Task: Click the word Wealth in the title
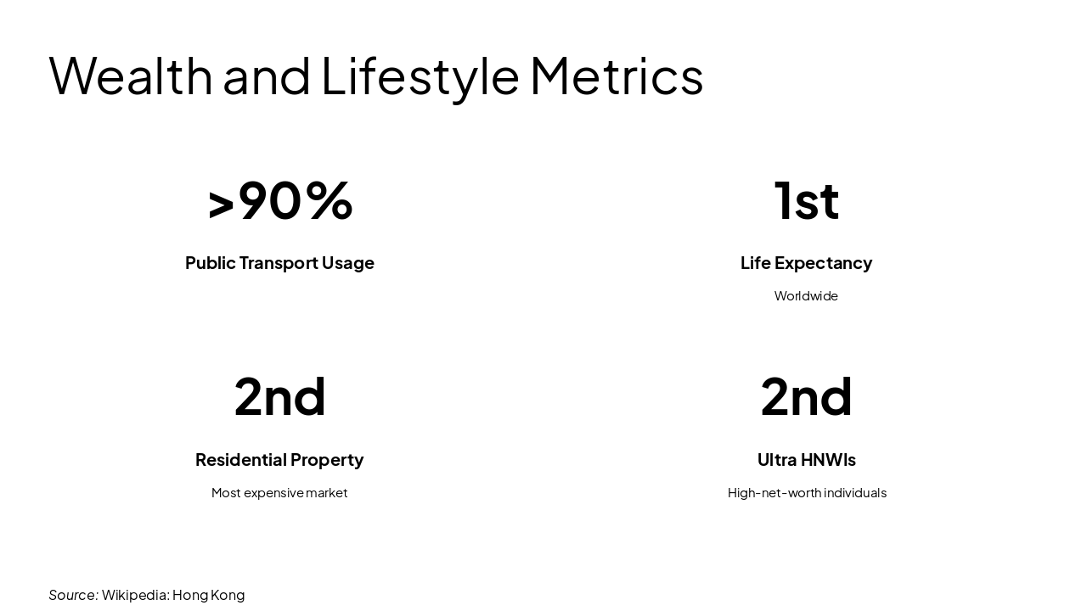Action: click(x=130, y=76)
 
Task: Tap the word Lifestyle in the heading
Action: click(x=420, y=76)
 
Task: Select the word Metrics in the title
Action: click(x=617, y=76)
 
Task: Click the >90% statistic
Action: click(x=279, y=200)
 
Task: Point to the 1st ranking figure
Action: click(x=806, y=200)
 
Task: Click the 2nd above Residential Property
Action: click(x=279, y=396)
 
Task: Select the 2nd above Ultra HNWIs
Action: click(x=806, y=396)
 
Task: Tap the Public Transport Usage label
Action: click(x=279, y=263)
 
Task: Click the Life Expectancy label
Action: click(x=806, y=263)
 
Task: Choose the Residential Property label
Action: click(x=279, y=460)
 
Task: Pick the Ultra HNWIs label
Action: click(x=806, y=460)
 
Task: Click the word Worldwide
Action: click(x=806, y=296)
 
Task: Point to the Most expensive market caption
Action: click(x=279, y=493)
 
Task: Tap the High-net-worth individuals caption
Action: click(x=806, y=493)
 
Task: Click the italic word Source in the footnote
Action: click(x=72, y=595)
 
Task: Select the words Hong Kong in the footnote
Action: click(x=208, y=595)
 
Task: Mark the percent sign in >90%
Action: click(x=329, y=200)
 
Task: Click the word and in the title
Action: click(x=267, y=76)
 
